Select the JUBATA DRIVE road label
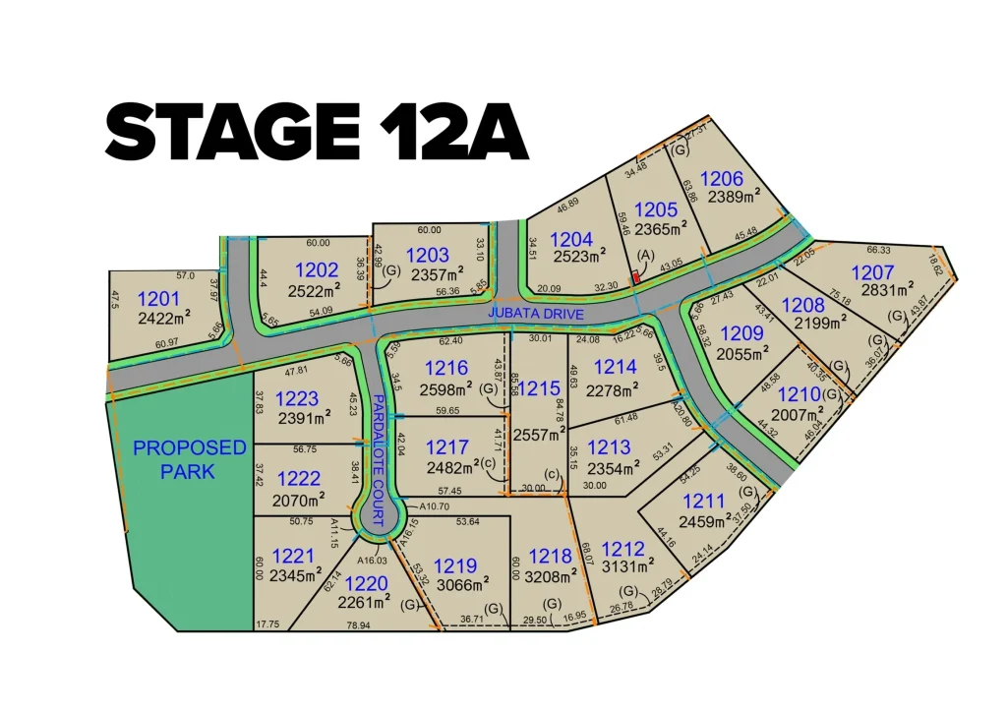pos(537,314)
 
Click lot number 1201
pos(159,299)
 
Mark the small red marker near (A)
pos(636,277)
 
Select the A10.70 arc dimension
pos(434,506)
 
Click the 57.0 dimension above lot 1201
pos(185,276)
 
